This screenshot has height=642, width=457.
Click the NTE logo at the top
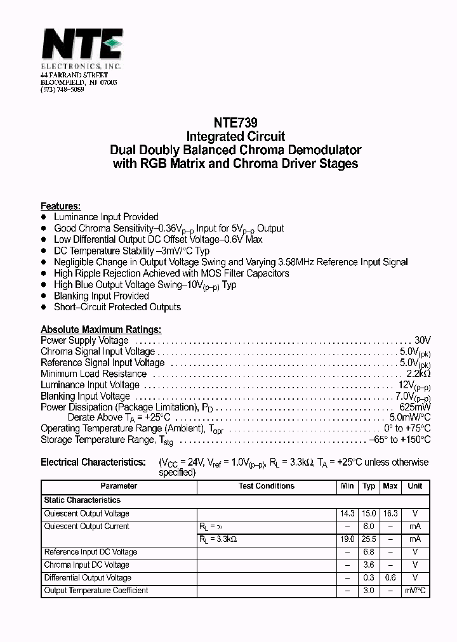pyautogui.click(x=81, y=46)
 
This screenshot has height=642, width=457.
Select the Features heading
pyautogui.click(x=60, y=206)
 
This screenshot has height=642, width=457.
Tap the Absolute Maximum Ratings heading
pyautogui.click(x=101, y=329)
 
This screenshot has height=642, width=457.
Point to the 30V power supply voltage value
pyautogui.click(x=422, y=341)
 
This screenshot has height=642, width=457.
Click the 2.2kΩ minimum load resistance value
pyautogui.click(x=418, y=374)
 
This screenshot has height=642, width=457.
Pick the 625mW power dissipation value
pyautogui.click(x=414, y=407)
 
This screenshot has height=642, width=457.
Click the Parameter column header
pyautogui.click(x=119, y=486)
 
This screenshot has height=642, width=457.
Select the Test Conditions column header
pyautogui.click(x=267, y=486)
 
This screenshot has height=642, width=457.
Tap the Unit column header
pyautogui.click(x=414, y=486)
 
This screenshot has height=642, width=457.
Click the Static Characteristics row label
pyautogui.click(x=82, y=500)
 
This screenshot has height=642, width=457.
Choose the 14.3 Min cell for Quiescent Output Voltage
pyautogui.click(x=347, y=513)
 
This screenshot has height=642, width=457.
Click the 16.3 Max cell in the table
pyautogui.click(x=390, y=513)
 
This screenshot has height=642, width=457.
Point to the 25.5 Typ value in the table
pyautogui.click(x=369, y=539)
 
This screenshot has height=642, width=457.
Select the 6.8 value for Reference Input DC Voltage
pyautogui.click(x=369, y=552)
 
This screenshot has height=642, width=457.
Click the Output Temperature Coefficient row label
pyautogui.click(x=96, y=591)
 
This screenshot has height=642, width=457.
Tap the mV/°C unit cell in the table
pyautogui.click(x=415, y=591)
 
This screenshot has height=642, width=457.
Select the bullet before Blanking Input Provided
pyautogui.click(x=44, y=296)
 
